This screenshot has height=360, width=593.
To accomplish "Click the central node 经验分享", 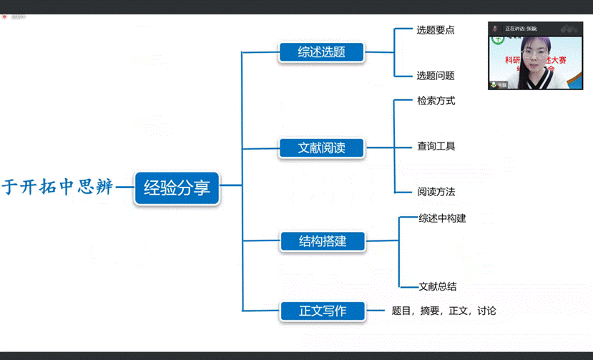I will click(177, 189).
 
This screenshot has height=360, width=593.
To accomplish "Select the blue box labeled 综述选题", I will click(321, 52).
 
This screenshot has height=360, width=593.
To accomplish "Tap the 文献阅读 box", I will click(321, 148).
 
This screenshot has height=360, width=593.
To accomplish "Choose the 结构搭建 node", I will click(322, 241).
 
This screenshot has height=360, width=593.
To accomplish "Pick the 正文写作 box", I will click(322, 311).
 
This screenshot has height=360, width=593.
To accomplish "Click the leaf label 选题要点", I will click(435, 30).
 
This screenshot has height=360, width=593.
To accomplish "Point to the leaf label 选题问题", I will click(435, 75).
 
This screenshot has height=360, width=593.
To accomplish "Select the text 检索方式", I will click(436, 101).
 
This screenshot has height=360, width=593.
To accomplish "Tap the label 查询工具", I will click(436, 146).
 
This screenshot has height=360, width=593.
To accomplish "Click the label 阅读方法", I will click(436, 192).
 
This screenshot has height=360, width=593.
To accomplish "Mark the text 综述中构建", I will click(442, 218).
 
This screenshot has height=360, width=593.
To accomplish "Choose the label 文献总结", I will click(437, 286).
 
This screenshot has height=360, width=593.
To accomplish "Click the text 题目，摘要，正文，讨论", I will click(443, 311).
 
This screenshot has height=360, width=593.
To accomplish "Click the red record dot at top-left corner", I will click(4, 17).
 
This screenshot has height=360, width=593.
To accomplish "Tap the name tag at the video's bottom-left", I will click(499, 85).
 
